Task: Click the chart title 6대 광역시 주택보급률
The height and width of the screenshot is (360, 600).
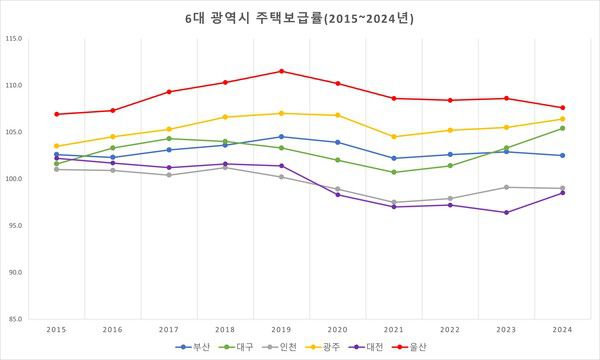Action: (300, 18)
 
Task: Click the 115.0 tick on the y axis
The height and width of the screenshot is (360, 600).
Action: (15, 39)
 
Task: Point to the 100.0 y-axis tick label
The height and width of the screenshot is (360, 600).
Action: (15, 179)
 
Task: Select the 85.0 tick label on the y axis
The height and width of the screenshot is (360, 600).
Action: (15, 319)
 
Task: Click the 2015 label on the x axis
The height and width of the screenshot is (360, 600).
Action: (56, 328)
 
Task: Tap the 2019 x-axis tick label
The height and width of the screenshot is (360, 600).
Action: (281, 328)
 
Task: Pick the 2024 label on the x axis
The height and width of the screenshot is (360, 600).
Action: (562, 328)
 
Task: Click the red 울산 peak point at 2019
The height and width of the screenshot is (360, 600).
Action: (281, 71)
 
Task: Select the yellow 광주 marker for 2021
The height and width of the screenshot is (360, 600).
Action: (394, 137)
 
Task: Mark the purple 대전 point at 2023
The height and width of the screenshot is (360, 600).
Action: (506, 212)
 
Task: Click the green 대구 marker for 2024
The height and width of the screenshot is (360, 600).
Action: (562, 128)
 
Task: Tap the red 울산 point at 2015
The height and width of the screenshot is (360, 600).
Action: (56, 114)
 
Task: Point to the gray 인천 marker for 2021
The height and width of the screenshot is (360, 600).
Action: (394, 202)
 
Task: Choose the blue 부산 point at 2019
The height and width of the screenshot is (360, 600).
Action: (281, 137)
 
